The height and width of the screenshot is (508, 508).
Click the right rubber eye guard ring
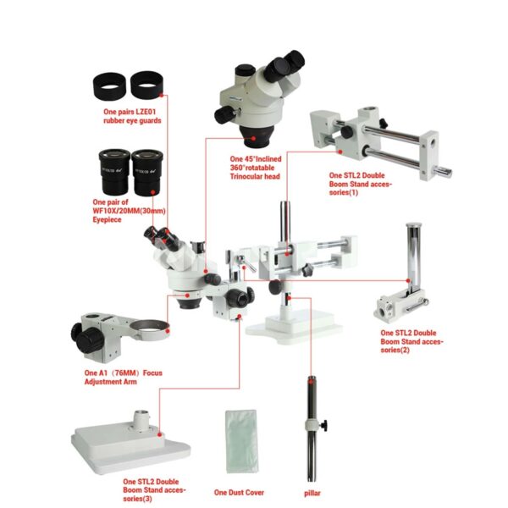(x=146, y=85)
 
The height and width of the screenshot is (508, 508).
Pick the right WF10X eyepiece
(x=147, y=172)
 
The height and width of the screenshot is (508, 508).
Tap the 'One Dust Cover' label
(x=239, y=493)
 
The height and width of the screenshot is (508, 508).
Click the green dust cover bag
(x=241, y=442)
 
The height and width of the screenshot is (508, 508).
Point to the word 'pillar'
(x=312, y=494)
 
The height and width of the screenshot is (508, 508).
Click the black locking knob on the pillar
(x=323, y=425)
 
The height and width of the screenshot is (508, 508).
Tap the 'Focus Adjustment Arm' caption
(x=123, y=377)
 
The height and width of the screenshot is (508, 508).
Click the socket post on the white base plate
(x=141, y=421)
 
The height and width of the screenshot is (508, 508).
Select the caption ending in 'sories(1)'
(x=361, y=184)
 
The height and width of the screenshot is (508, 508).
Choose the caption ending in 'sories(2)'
(x=411, y=341)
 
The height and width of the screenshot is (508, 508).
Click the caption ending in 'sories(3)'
(x=154, y=490)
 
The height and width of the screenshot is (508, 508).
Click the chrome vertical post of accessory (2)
(x=414, y=257)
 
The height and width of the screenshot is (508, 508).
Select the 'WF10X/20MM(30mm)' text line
(x=129, y=211)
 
